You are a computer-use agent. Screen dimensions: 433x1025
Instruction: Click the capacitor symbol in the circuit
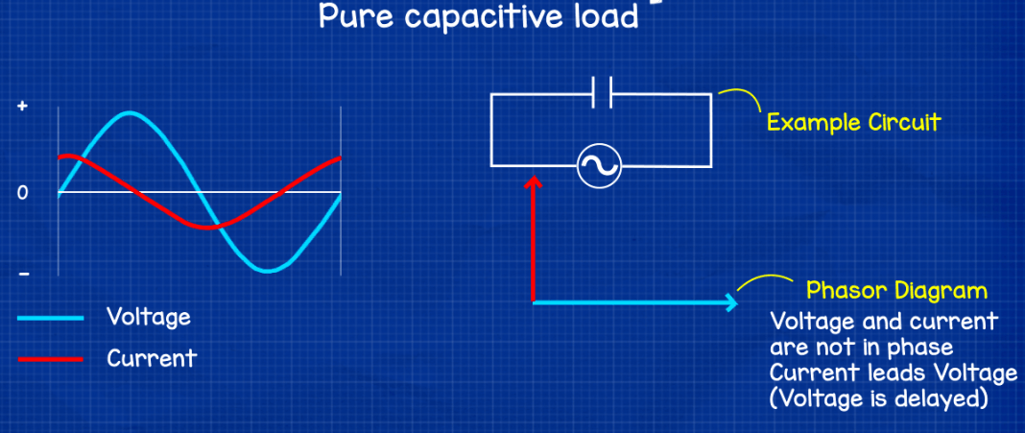[x=602, y=94]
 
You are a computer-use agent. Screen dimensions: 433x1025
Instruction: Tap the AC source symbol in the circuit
[x=599, y=167]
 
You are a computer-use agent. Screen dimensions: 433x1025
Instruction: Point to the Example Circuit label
[x=853, y=123]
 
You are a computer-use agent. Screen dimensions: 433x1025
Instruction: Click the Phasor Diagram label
[x=896, y=290]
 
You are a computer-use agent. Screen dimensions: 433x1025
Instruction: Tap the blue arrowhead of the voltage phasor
[x=731, y=302]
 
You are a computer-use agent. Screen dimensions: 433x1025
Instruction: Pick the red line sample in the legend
[x=49, y=359]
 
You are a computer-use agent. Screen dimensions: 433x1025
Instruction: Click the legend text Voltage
[x=149, y=317]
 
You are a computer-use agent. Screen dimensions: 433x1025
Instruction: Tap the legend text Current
[x=151, y=358]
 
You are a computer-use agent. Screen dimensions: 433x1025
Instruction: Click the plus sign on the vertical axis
[x=21, y=108]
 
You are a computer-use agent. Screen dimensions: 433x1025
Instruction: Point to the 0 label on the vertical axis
[x=21, y=193]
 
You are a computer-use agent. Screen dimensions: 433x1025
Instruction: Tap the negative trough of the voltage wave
[x=270, y=270]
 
